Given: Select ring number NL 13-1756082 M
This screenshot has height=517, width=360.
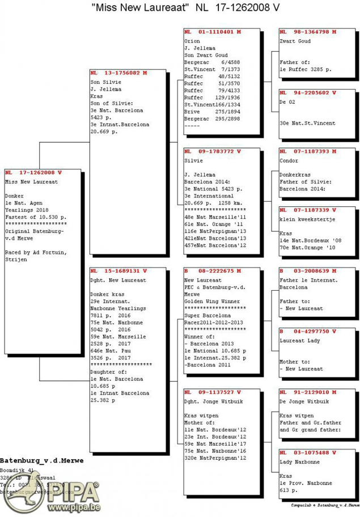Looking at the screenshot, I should point(118,73).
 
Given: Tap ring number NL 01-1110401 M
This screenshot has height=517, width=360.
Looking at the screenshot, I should point(213,32).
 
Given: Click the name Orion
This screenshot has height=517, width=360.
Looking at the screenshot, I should point(192,41).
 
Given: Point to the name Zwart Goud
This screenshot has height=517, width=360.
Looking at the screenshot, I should point(295,41).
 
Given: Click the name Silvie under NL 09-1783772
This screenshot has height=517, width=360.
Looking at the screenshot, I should point(193,161).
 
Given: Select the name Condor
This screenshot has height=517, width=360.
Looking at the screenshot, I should point(289,161).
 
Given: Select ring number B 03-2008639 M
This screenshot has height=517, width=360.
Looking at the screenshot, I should point(308,272).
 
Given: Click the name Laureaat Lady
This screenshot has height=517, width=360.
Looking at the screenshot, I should point(300,341).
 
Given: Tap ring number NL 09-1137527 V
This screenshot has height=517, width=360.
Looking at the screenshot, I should point(213,392).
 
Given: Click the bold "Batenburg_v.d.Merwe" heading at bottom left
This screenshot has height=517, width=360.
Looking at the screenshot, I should point(42,461).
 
